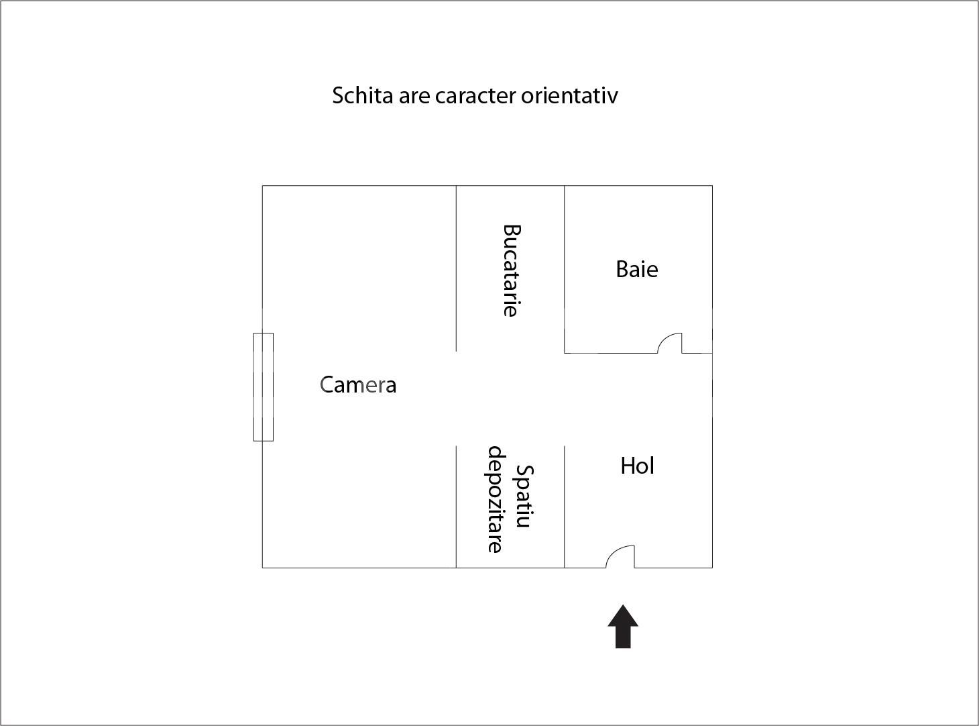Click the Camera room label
click(x=358, y=384)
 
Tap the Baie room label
click(x=636, y=269)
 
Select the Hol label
click(x=637, y=466)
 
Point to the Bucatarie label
click(x=511, y=270)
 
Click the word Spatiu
click(x=524, y=497)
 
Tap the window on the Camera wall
click(x=263, y=386)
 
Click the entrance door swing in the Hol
click(x=620, y=556)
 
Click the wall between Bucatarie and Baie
click(x=565, y=268)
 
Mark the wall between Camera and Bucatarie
click(x=456, y=268)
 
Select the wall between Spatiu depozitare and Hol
click(x=565, y=507)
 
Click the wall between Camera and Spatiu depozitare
click(x=456, y=507)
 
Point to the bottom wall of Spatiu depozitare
click(x=510, y=568)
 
